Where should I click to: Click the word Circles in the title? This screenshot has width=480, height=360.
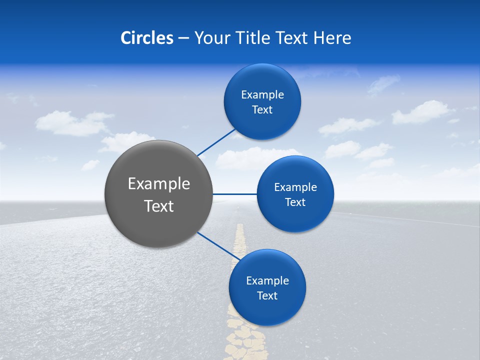(x=147, y=38)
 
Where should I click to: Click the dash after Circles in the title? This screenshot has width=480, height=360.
(x=183, y=38)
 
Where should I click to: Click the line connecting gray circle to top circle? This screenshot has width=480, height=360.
(x=216, y=142)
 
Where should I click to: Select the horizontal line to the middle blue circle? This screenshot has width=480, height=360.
(x=234, y=194)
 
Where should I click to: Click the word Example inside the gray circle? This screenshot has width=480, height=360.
(x=159, y=184)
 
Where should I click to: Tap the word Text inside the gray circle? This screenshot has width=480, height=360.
(x=159, y=206)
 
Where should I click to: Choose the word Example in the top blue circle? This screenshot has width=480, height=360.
(x=262, y=95)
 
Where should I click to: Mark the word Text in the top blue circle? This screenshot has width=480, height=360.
(x=262, y=110)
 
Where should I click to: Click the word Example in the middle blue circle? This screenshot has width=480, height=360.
(x=295, y=187)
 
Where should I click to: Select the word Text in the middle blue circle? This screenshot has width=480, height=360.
(x=295, y=202)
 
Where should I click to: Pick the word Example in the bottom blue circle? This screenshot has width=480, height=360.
(x=267, y=281)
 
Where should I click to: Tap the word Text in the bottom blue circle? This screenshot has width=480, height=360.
(x=267, y=296)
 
